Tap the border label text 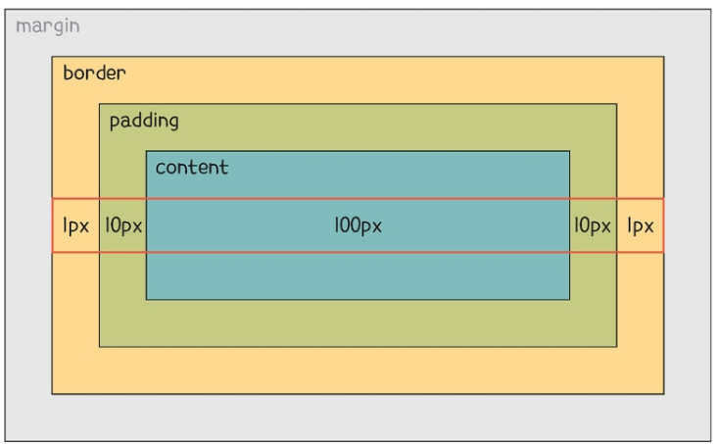coord(94,74)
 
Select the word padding coord(144,122)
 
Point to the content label coord(192,167)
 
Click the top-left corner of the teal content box coord(146,151)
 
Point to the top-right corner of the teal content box coord(569,151)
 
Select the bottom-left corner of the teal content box coord(146,299)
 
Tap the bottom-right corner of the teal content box coord(569,299)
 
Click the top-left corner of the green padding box coord(99,104)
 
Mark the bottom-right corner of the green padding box coord(616,346)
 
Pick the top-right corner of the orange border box coord(663,57)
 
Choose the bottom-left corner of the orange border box coord(52,394)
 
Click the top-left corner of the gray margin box coord(6,9)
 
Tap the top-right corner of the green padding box coord(616,104)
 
